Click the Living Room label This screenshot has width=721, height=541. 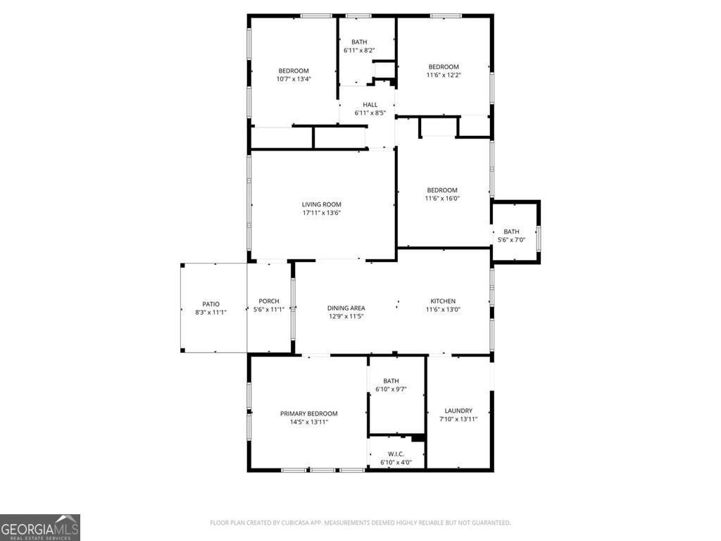(x=321, y=204)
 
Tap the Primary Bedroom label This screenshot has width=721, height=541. (x=308, y=413)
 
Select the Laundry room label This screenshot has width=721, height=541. (x=458, y=411)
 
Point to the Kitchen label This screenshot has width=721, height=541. (x=443, y=301)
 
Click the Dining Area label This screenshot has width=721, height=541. (x=346, y=308)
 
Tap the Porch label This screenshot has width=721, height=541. (x=269, y=301)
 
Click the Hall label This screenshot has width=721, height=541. (x=370, y=105)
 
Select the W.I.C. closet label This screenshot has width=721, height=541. (x=396, y=454)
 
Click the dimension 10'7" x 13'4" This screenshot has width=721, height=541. (x=294, y=79)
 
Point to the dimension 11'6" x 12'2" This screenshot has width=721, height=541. (x=444, y=75)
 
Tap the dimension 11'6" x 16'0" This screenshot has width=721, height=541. (x=442, y=198)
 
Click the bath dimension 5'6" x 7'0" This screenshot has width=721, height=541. (x=511, y=240)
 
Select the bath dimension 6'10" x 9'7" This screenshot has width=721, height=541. (x=391, y=389)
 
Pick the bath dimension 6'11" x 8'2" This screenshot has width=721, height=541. (x=359, y=51)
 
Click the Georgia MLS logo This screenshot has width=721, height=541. (x=40, y=527)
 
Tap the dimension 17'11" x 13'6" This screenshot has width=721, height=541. (x=321, y=213)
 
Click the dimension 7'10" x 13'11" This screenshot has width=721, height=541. (x=458, y=419)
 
